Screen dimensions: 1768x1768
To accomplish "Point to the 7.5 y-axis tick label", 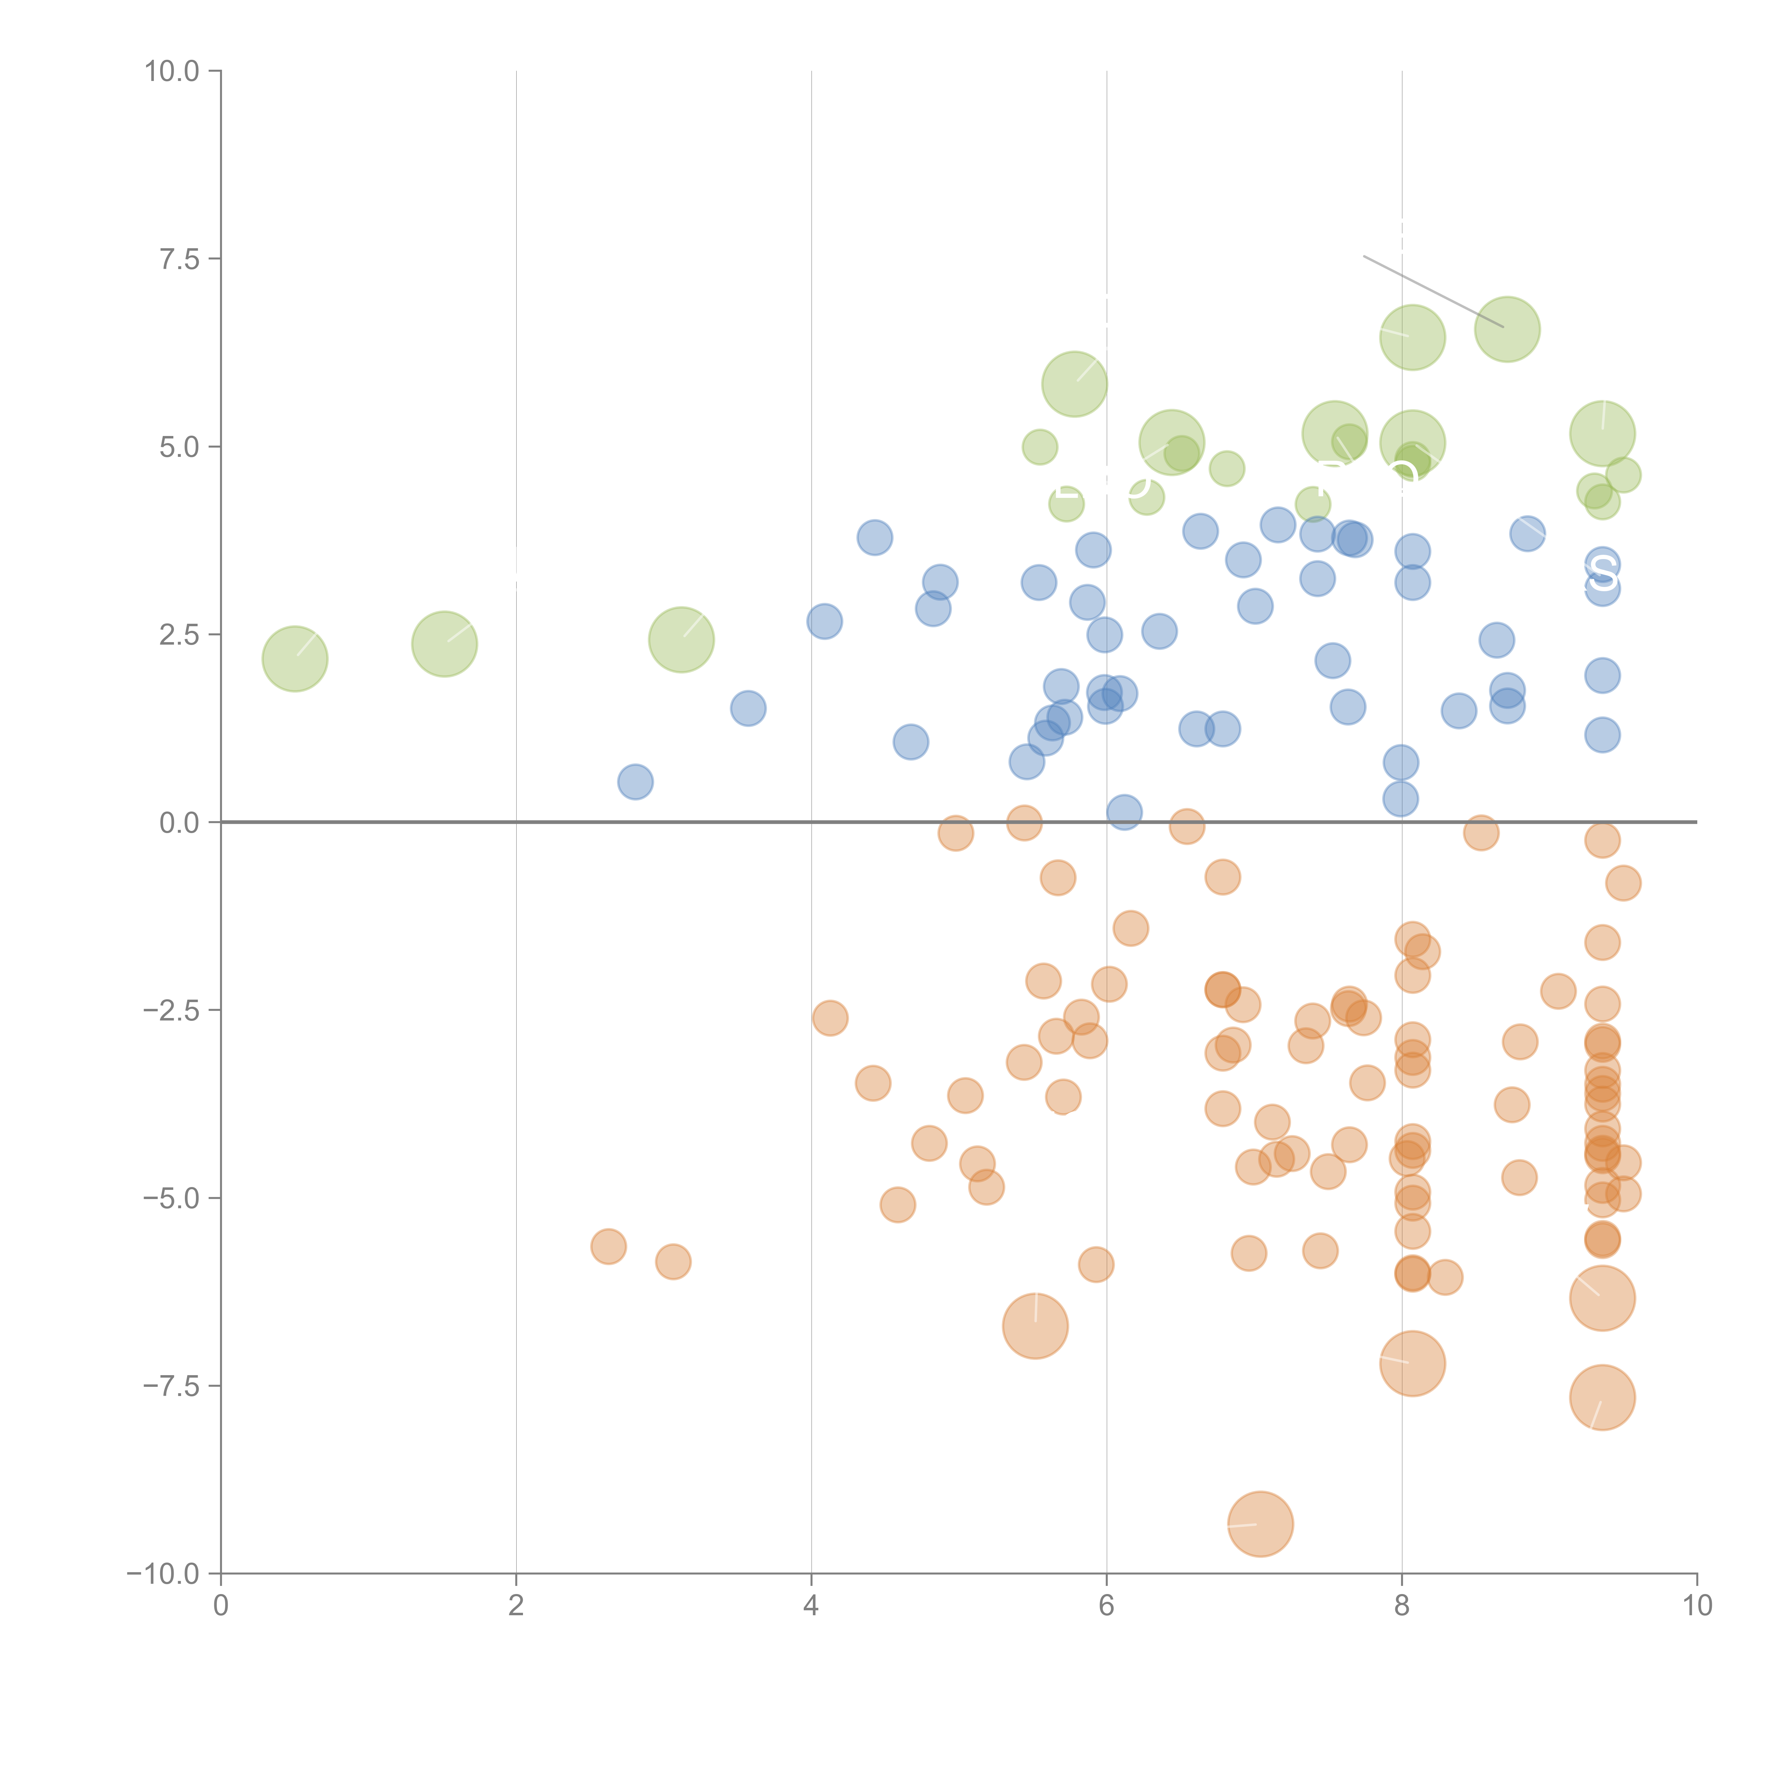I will click(x=179, y=259).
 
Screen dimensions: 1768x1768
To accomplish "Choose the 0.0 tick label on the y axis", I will click(x=179, y=823).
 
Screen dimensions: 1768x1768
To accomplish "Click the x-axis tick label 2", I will click(x=516, y=1606).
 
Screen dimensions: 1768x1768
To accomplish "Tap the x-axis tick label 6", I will click(x=1106, y=1606).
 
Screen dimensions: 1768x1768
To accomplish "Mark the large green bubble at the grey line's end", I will click(x=1507, y=330).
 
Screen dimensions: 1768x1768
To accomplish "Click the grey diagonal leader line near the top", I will click(x=1432, y=291).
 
